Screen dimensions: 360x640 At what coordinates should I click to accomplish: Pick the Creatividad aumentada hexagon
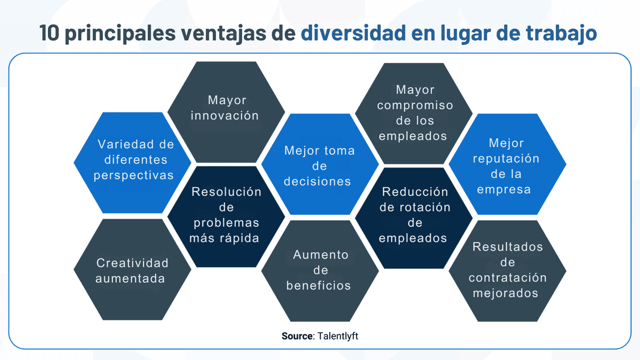pos(132,270)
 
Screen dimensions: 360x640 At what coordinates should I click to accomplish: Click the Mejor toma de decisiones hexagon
pos(319,165)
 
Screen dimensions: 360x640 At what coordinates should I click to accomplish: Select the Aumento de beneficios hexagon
pos(319,270)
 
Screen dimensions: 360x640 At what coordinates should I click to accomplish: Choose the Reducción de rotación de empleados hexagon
pos(413,215)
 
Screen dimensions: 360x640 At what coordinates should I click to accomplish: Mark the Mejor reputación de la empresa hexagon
pos(507,165)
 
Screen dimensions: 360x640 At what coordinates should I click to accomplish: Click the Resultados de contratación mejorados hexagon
pos(507,270)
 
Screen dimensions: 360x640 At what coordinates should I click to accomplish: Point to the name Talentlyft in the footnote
pos(338,336)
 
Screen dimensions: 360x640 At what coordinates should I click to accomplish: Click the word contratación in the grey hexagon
pos(507,277)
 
